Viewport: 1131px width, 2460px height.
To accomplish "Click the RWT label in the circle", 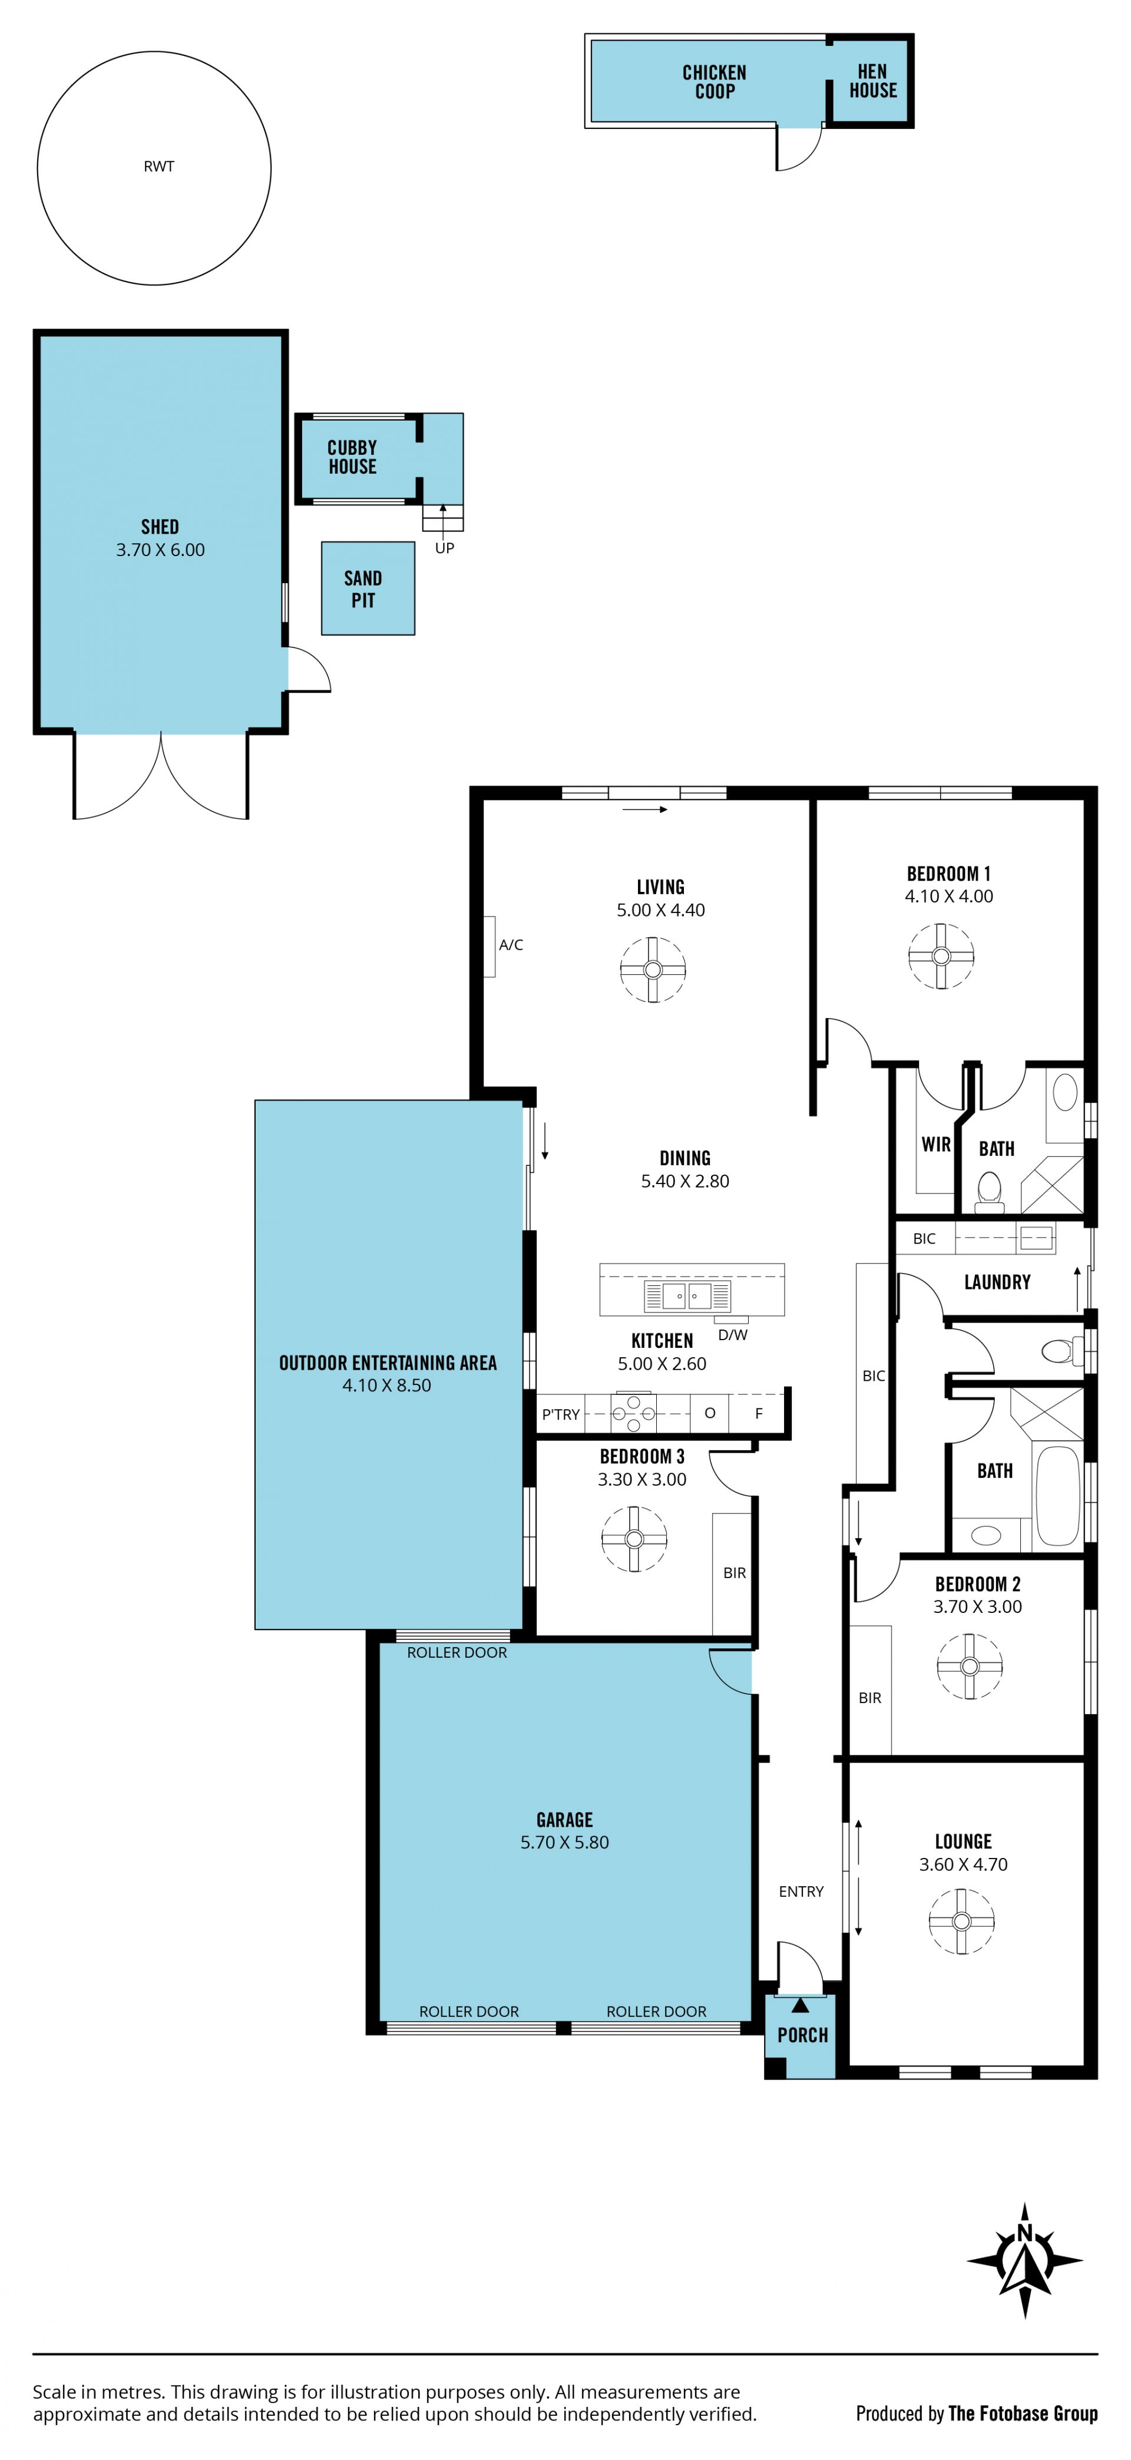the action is [158, 166].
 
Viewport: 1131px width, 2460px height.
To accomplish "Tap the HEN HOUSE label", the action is [873, 81].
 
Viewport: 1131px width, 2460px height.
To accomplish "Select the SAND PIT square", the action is [368, 588].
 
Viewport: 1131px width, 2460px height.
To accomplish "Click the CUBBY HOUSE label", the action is [352, 458].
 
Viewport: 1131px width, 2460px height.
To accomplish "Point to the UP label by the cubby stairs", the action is [444, 548].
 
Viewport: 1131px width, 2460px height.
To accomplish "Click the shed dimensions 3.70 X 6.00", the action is [160, 550].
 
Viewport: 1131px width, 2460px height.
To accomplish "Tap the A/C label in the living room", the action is [511, 944].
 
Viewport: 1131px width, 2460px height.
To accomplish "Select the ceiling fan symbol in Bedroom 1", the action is [941, 956].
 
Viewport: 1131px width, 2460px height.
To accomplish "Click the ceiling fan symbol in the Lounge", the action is [962, 1922].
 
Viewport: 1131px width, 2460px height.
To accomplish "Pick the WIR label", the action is [936, 1144].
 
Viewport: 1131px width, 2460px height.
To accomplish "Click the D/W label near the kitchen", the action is [733, 1335].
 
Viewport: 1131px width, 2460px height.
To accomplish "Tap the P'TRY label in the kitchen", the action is [561, 1414].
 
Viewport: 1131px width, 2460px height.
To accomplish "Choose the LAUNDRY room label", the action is [997, 1282].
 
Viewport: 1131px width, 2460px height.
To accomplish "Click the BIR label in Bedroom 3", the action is [735, 1573].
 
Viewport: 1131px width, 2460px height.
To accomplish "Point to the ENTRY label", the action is [801, 1892].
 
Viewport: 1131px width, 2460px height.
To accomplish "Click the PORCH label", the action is [802, 2035].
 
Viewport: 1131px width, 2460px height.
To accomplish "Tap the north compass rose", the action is [1025, 2260].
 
